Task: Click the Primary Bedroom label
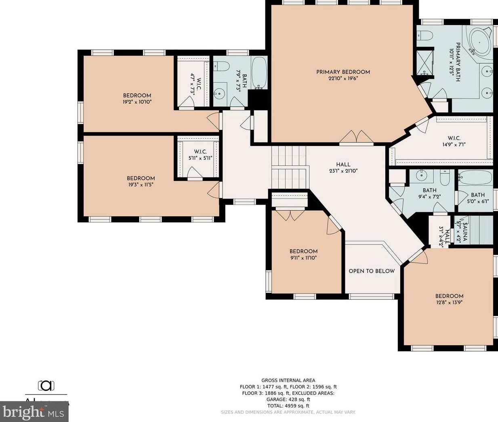tap(343, 72)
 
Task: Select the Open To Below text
tap(372, 271)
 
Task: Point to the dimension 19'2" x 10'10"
tap(137, 102)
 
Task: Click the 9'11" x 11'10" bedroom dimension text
tap(303, 257)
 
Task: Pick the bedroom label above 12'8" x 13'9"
tap(449, 296)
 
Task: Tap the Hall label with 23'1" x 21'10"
tap(343, 164)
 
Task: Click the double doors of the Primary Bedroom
tap(356, 137)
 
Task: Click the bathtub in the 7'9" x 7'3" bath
tap(259, 73)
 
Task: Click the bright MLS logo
tap(34, 412)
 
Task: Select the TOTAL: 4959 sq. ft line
tap(288, 406)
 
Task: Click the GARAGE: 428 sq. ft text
tap(288, 399)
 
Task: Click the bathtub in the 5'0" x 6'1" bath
tap(475, 177)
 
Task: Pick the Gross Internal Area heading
tap(288, 380)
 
